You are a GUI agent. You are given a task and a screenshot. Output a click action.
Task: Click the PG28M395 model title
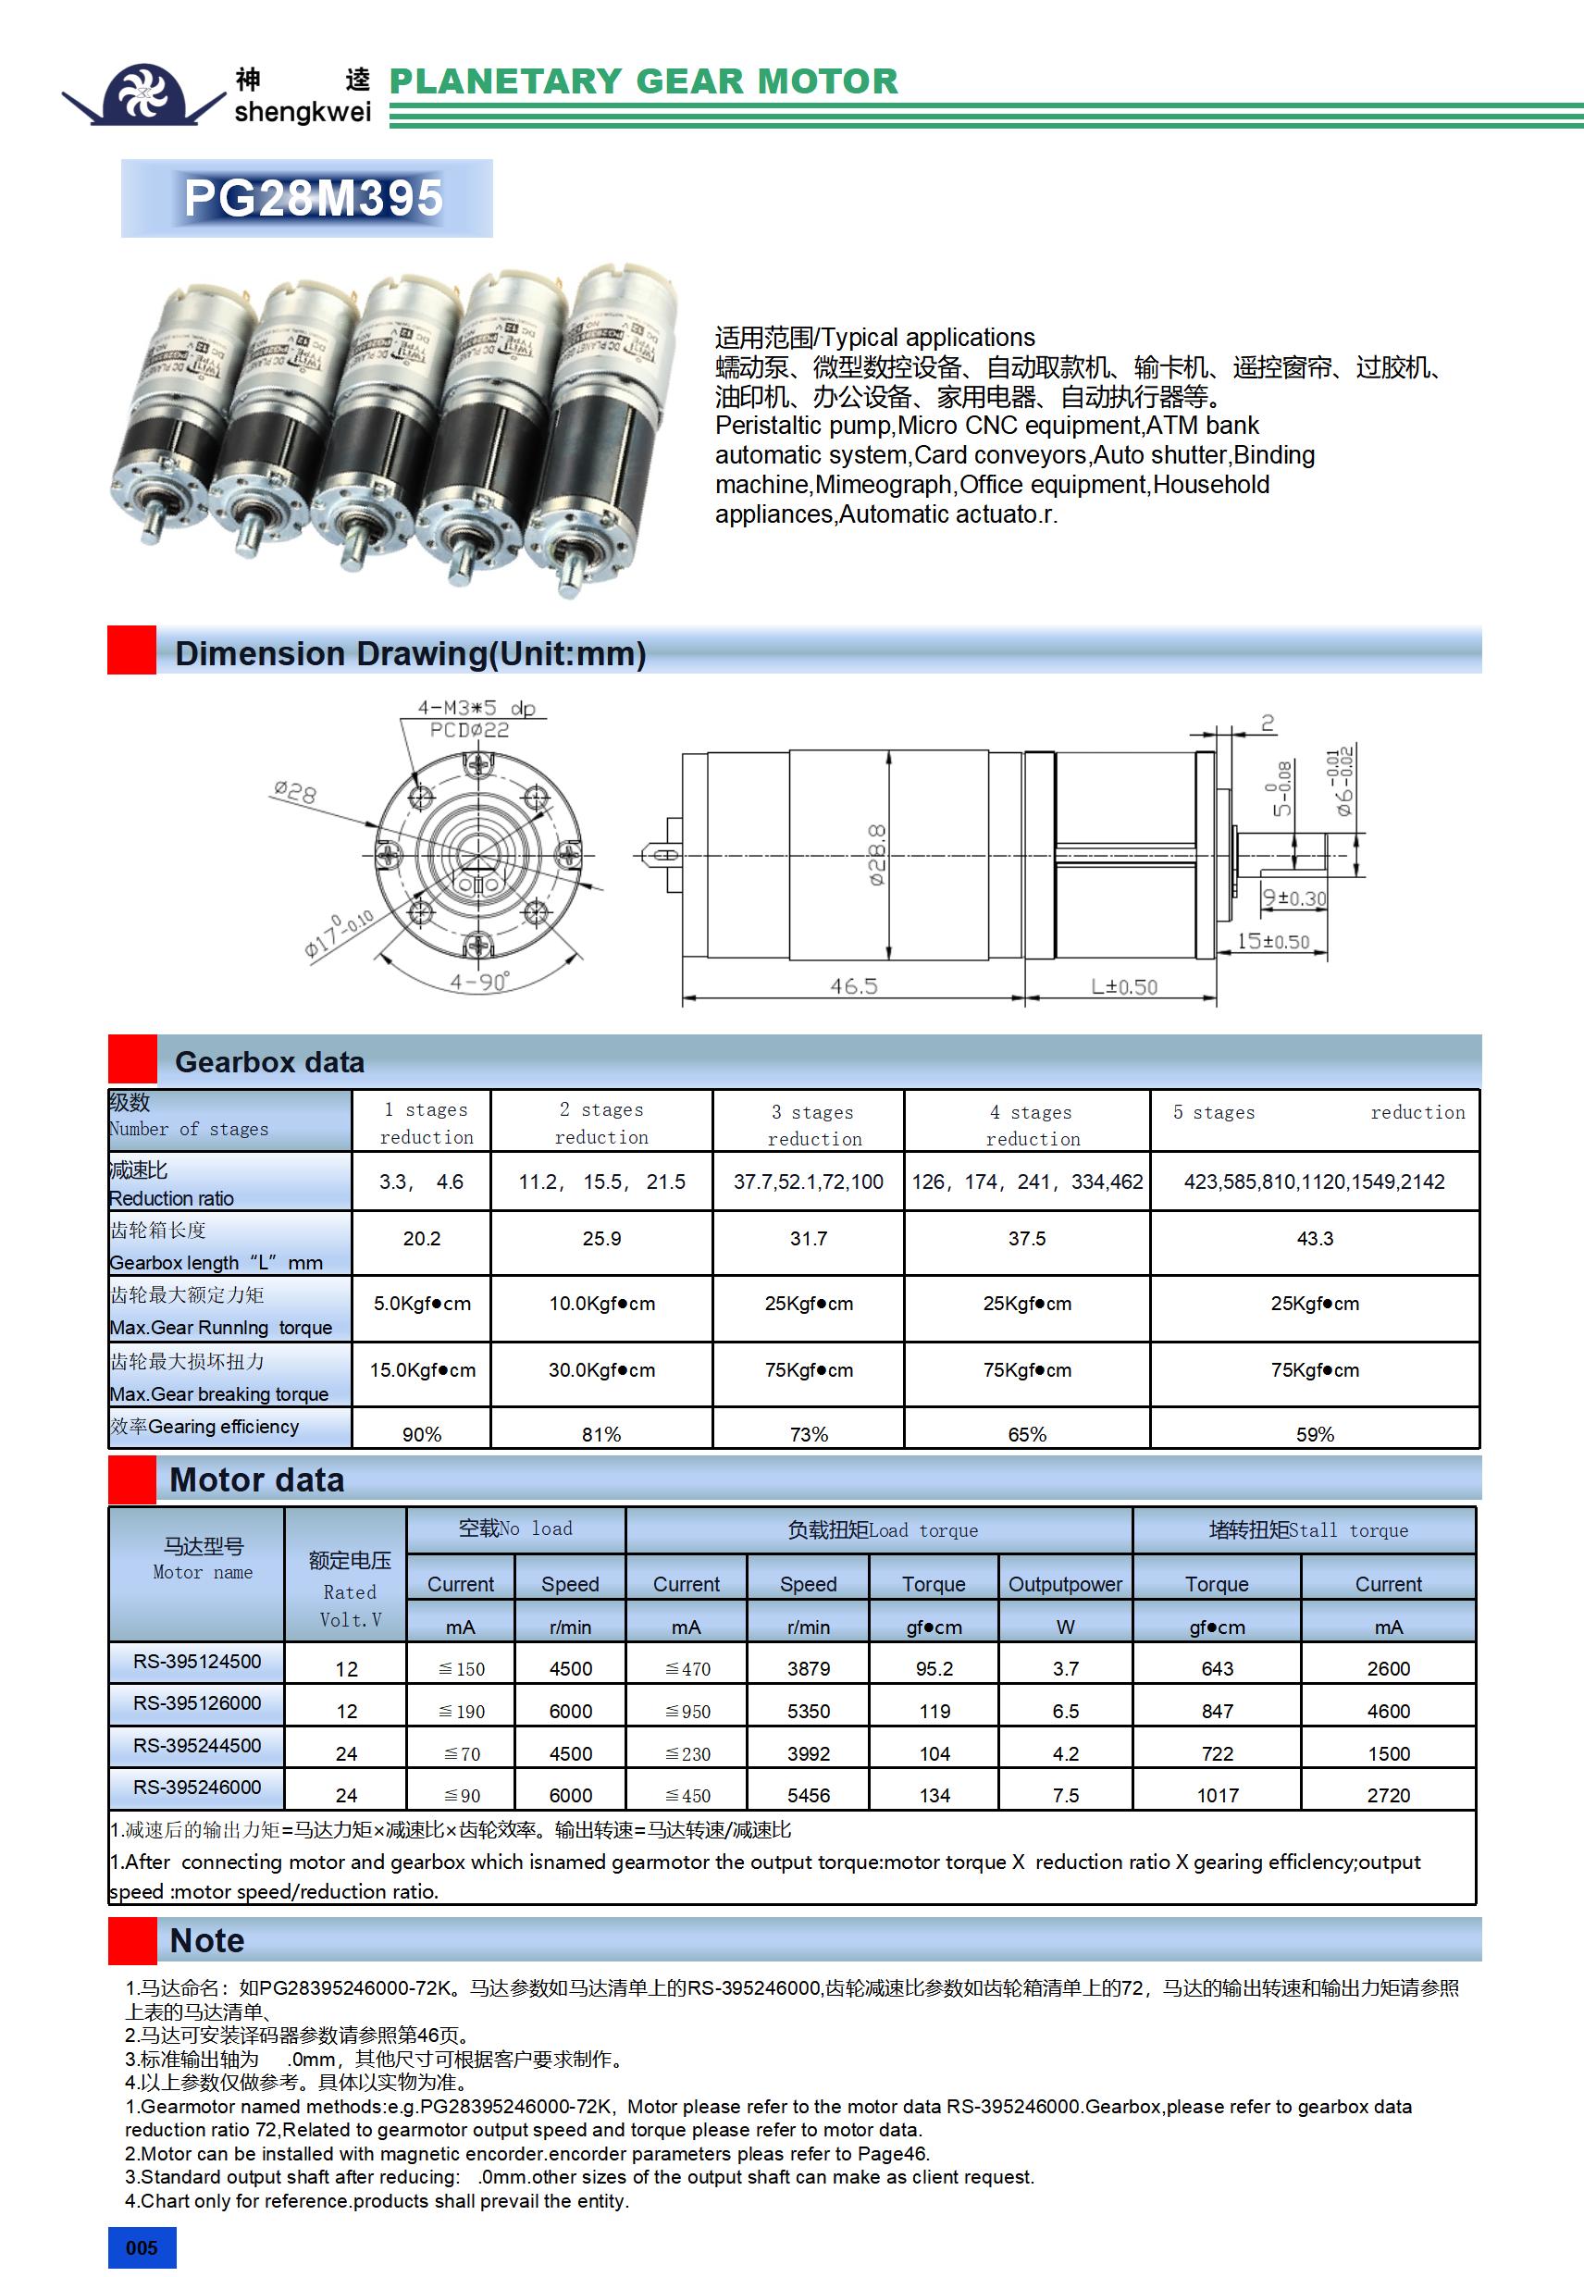313,198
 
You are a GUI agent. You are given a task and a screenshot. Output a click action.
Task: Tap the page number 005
141,2247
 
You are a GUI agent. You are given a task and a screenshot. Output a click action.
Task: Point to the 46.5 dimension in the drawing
853,985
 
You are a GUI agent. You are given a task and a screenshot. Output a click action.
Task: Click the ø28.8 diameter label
877,854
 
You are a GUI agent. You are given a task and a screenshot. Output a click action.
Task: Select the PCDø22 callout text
469,731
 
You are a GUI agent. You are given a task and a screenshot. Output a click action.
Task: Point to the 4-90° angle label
479,982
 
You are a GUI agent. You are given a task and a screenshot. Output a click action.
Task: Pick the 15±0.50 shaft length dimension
1272,941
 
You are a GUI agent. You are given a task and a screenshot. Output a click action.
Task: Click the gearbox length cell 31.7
808,1239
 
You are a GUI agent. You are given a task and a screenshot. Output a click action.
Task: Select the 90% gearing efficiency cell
422,1434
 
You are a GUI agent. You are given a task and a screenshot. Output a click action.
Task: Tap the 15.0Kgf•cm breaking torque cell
423,1369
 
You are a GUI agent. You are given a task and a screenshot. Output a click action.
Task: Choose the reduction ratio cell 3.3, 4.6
422,1182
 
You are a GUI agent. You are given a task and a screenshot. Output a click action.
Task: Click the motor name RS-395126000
197,1702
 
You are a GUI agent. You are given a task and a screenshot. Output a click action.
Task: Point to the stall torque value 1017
1217,1795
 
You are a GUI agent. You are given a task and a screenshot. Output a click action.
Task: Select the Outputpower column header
1064,1584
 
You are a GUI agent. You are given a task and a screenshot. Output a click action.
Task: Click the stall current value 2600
1388,1669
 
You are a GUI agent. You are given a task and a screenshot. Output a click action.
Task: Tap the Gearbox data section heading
270,1062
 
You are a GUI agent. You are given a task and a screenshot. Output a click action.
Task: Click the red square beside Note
132,1940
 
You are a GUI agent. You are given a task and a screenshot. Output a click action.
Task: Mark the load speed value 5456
809,1795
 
